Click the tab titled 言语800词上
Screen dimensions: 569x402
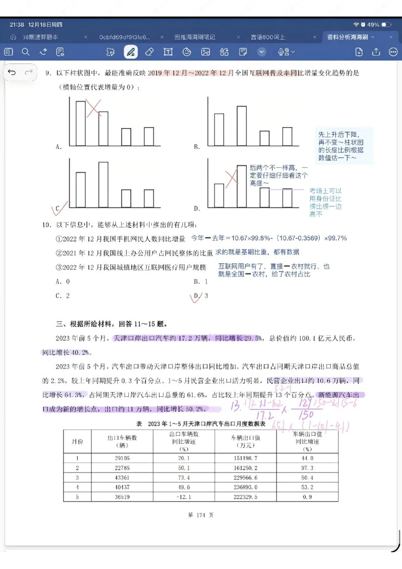point(268,37)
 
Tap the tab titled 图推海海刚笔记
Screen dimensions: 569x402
point(194,37)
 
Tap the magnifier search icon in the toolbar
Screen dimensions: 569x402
point(26,52)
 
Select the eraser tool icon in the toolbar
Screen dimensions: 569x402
point(149,52)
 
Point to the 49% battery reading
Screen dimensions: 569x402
point(373,24)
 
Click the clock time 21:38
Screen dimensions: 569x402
point(17,24)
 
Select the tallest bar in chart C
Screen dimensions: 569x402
point(104,184)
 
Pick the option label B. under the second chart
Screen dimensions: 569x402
point(197,147)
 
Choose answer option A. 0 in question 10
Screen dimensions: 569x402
point(63,282)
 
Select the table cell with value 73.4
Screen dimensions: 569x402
point(183,478)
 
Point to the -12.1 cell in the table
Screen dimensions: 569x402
point(183,497)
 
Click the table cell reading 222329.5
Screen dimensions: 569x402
point(246,497)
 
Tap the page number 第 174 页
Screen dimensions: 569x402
point(200,515)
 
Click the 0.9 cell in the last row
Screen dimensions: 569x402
point(308,497)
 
